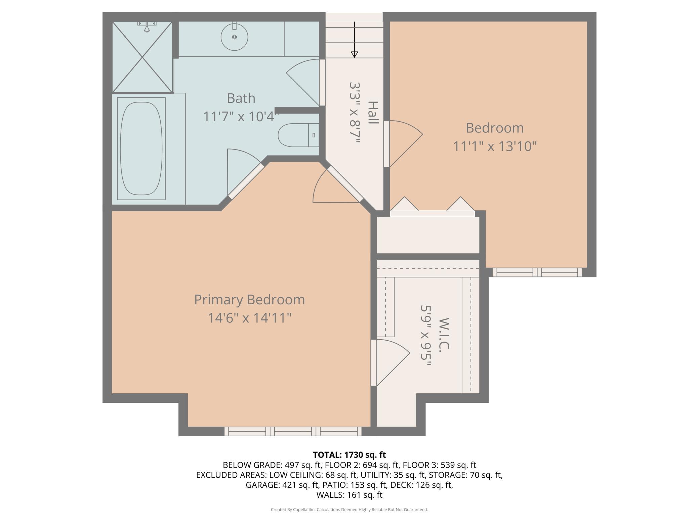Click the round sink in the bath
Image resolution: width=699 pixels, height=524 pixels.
(234, 37)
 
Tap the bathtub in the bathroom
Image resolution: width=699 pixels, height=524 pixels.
(141, 148)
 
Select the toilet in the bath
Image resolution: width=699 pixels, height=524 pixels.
(298, 135)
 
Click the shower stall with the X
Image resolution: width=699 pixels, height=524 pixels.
(142, 57)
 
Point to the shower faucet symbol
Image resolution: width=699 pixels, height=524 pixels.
(147, 26)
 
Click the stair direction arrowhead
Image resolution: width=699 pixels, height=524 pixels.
(354, 54)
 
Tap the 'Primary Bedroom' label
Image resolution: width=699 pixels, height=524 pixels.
(249, 300)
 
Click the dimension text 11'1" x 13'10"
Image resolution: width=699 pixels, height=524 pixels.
(495, 146)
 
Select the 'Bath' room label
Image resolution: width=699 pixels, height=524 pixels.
(241, 98)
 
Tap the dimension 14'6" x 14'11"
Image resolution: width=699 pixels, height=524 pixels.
(249, 318)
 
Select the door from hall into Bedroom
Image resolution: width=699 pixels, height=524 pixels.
(403, 144)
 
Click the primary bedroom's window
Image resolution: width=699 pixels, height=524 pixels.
(293, 431)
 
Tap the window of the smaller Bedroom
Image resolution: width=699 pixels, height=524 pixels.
(537, 272)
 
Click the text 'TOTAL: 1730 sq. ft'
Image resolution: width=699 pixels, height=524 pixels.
(349, 455)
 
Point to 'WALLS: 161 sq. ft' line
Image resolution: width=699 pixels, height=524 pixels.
(349, 495)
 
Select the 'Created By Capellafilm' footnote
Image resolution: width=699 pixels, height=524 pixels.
(349, 510)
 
